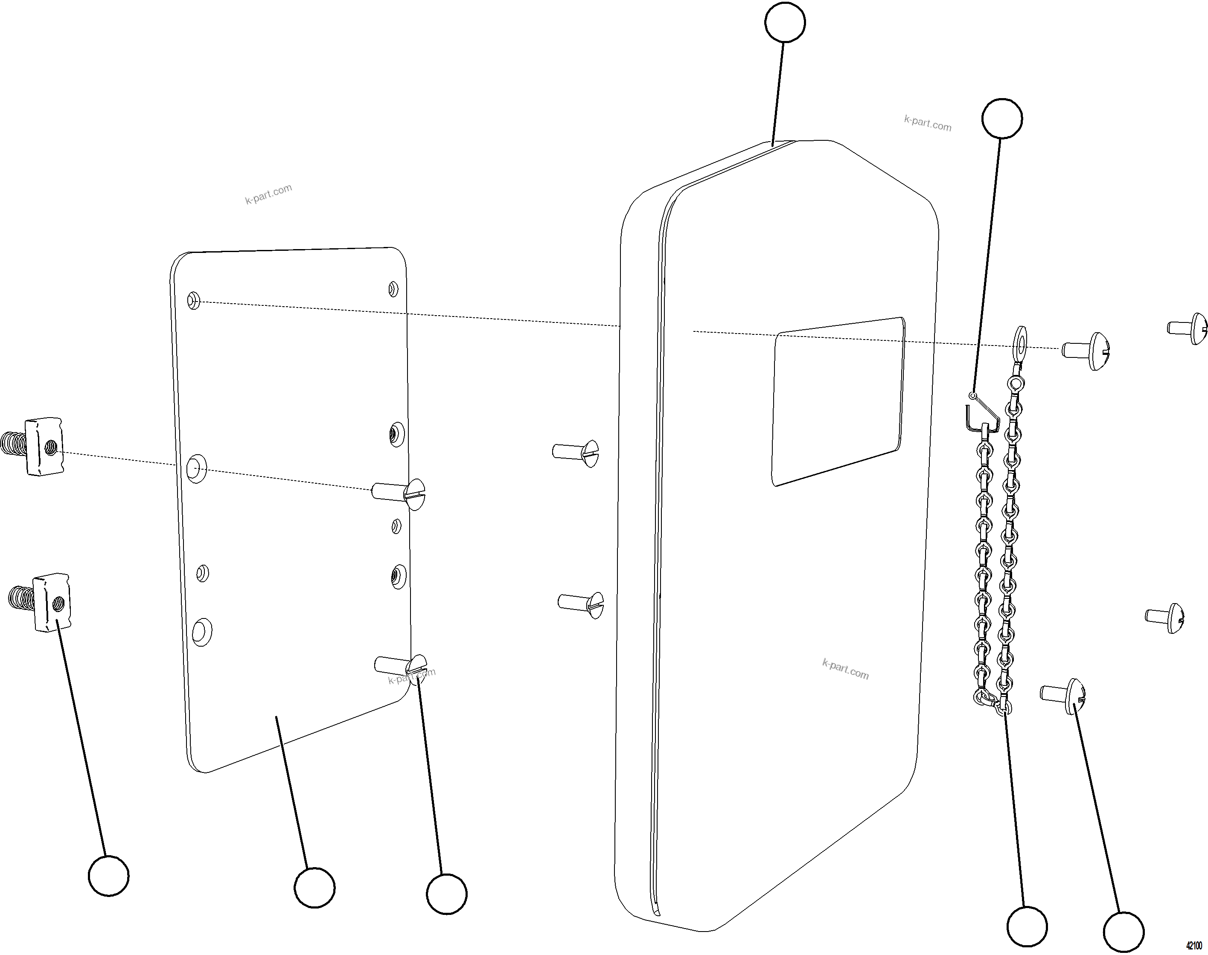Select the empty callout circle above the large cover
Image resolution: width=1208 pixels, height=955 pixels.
pyautogui.click(x=785, y=22)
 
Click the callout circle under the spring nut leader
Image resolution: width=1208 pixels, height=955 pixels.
pyautogui.click(x=108, y=875)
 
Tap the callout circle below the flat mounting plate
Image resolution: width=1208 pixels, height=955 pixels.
pyautogui.click(x=314, y=887)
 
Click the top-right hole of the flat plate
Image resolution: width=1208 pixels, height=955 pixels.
pyautogui.click(x=393, y=288)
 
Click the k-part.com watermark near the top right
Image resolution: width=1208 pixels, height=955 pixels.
pyautogui.click(x=927, y=123)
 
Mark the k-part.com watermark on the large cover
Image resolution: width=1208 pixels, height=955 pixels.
pyautogui.click(x=845, y=669)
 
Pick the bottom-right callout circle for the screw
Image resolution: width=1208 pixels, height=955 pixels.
pyautogui.click(x=1123, y=932)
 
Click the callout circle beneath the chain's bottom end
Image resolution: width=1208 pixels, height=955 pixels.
pyautogui.click(x=1027, y=927)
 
